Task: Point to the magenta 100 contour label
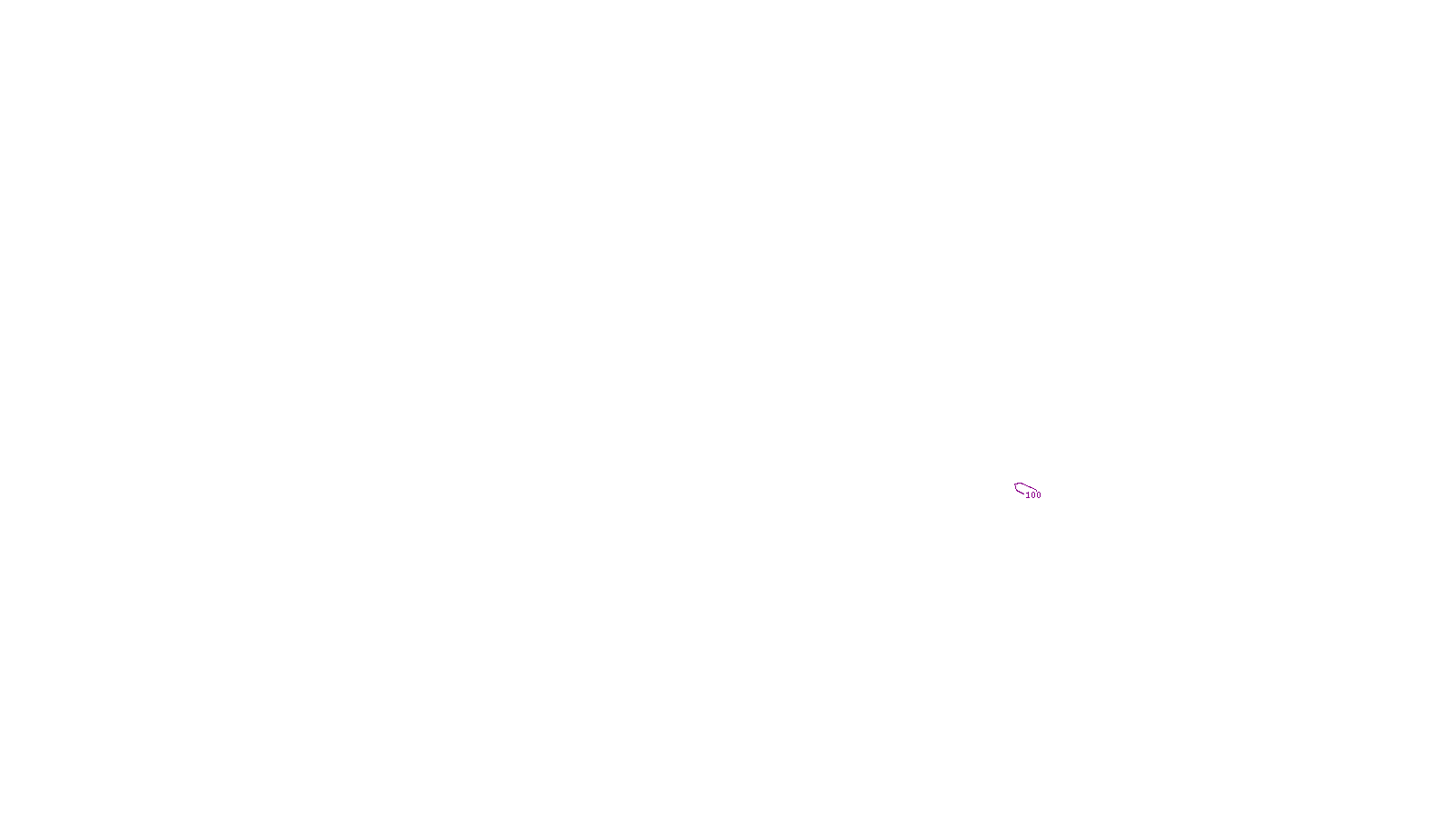tap(1033, 495)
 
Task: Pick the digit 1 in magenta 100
tap(1028, 495)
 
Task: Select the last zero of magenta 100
tap(1039, 495)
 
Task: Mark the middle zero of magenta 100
tap(1033, 495)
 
